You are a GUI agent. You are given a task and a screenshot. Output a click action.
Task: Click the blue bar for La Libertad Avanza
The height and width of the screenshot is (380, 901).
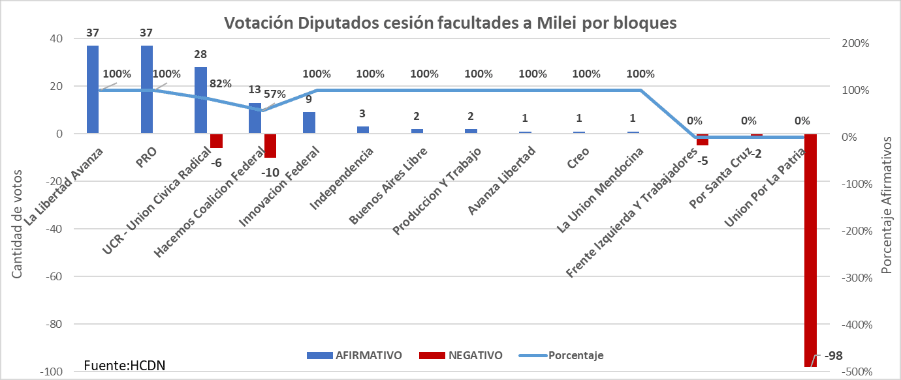93,89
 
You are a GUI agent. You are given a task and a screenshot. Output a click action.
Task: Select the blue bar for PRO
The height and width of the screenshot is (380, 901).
147,89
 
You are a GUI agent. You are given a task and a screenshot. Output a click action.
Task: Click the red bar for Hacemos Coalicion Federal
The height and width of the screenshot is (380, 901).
270,145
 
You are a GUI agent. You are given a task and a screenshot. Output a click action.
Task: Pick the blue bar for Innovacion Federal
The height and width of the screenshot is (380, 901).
309,123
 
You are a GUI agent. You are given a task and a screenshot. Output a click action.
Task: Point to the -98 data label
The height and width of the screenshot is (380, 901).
834,357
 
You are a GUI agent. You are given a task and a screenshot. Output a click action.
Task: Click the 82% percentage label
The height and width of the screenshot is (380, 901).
220,83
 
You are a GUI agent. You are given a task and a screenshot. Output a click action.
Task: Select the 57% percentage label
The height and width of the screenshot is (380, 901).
275,94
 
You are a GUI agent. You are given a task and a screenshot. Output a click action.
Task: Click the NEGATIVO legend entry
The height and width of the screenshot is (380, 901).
460,355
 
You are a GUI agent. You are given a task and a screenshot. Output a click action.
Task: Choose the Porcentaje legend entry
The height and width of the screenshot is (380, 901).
561,355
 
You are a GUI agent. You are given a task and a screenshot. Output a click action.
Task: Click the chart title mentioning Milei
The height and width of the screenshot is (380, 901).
450,23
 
